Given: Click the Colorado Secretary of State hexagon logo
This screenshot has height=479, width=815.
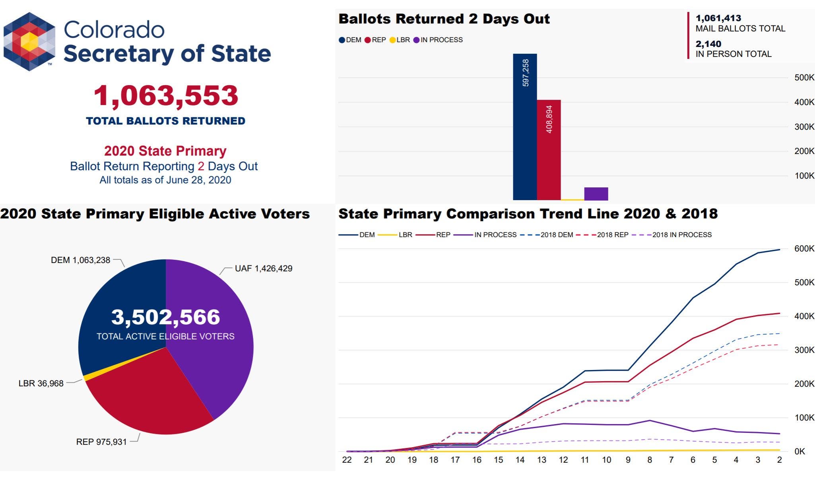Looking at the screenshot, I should click(29, 41).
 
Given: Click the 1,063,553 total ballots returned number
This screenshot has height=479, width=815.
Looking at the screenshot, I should click(166, 96).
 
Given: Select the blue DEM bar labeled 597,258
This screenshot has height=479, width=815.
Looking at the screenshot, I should click(525, 127).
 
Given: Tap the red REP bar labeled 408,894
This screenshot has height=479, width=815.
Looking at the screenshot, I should click(549, 151).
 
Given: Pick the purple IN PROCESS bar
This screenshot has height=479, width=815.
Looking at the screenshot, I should click(596, 194).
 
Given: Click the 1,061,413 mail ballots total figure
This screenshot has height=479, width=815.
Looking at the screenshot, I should click(718, 18).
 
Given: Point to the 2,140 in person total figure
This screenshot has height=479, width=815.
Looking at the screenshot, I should click(708, 44).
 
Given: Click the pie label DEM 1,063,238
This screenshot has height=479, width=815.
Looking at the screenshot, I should click(80, 260).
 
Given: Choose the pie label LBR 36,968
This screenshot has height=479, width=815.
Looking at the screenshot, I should click(41, 384).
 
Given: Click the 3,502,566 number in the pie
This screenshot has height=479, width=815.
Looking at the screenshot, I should click(165, 317).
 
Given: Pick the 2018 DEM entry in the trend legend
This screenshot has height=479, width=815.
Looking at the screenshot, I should click(556, 235).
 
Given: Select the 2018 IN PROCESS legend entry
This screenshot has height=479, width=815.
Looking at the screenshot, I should click(681, 235).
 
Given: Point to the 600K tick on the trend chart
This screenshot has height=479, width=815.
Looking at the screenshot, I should click(804, 249).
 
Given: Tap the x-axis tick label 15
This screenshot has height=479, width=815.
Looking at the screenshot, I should click(498, 460).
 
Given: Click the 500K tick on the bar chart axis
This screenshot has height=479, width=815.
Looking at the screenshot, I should click(804, 78).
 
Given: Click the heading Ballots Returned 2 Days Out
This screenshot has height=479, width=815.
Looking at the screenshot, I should click(444, 19).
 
